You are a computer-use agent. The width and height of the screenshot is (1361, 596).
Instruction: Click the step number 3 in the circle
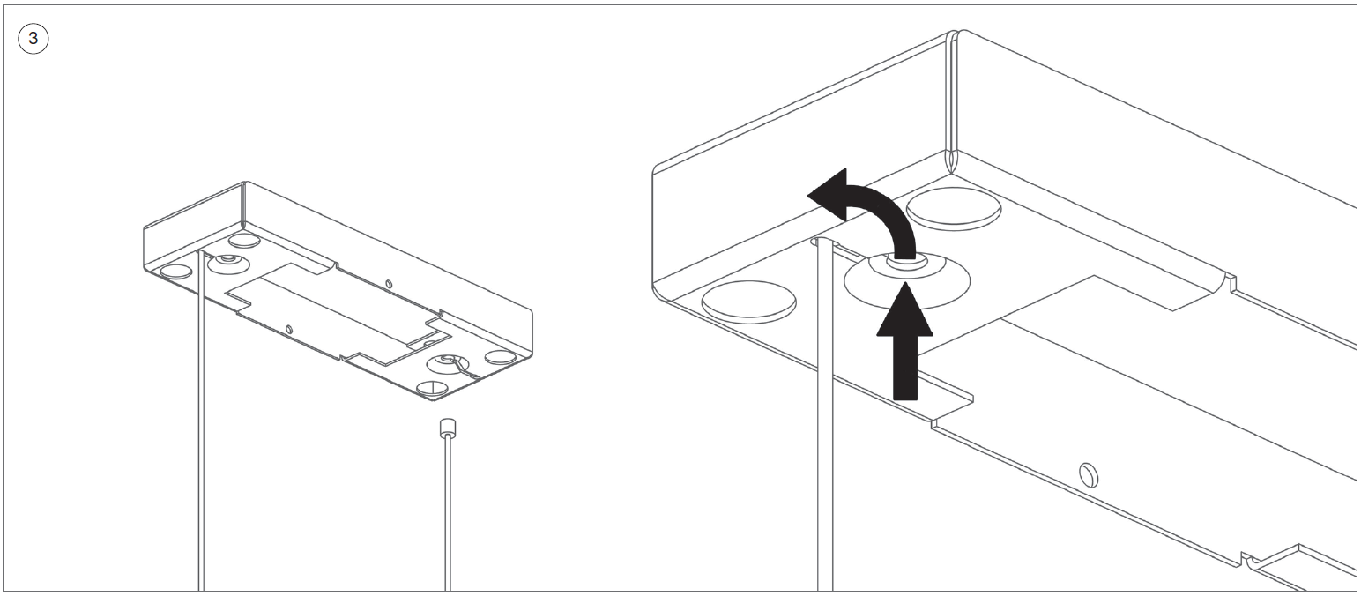click(x=33, y=40)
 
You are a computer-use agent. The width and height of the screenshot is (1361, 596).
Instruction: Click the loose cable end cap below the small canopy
click(x=447, y=428)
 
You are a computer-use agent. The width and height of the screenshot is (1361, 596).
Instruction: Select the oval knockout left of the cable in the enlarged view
click(x=749, y=301)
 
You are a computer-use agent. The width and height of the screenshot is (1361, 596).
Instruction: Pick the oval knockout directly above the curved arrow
click(x=954, y=209)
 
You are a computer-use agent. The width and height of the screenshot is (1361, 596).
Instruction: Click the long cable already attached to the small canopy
click(x=201, y=441)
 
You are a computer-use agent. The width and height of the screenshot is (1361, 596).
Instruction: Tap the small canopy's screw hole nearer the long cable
click(x=289, y=329)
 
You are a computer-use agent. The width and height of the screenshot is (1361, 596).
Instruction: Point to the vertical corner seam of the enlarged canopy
click(x=950, y=106)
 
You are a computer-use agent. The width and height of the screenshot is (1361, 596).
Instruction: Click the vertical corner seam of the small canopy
click(x=242, y=207)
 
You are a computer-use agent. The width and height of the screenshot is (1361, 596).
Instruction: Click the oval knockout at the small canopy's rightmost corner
click(x=501, y=357)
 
